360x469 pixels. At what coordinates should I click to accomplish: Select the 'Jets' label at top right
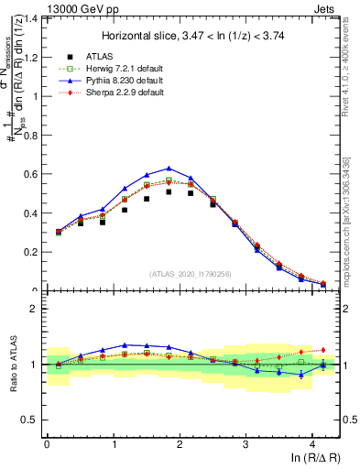tap(323, 8)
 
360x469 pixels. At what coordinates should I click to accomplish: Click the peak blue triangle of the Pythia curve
tap(169, 169)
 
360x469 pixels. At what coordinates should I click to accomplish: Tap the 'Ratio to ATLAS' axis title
tap(13, 365)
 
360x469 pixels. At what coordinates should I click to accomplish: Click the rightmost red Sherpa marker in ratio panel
tap(322, 349)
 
